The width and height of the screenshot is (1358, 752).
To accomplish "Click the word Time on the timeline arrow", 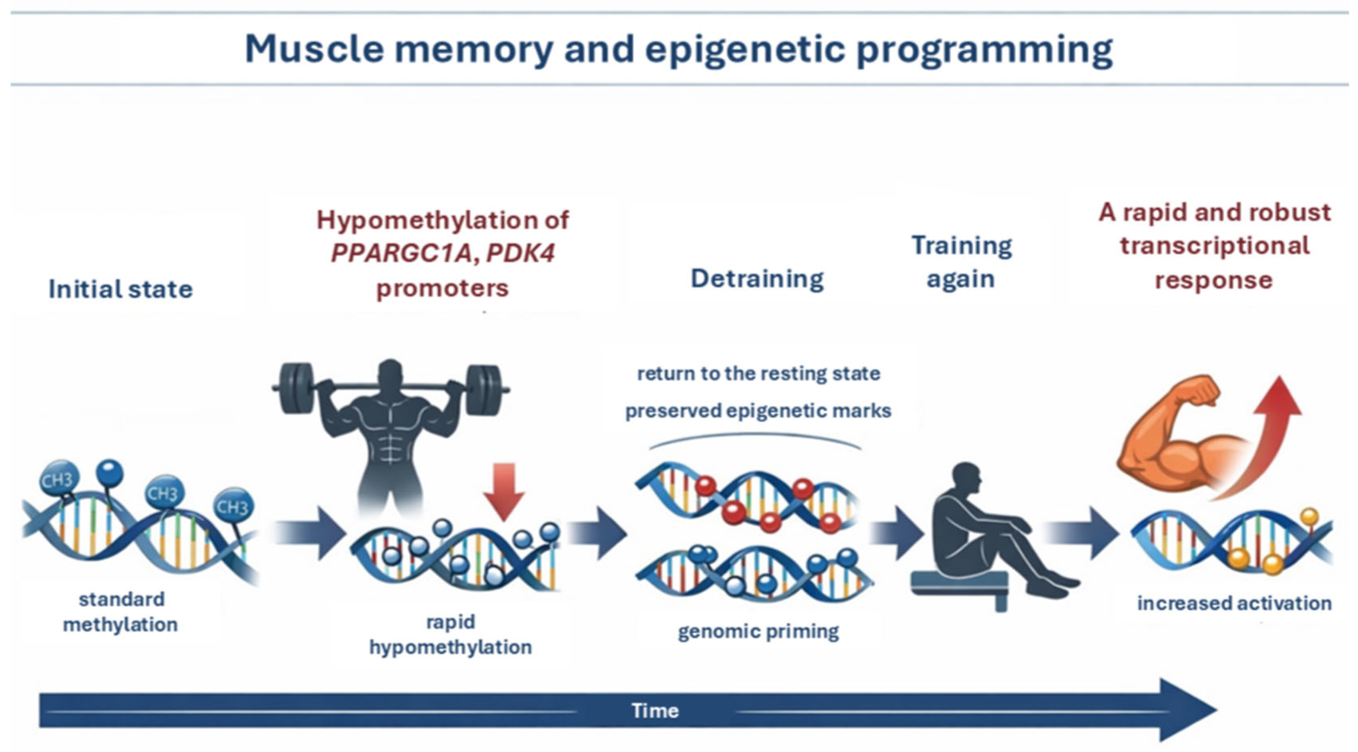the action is pos(655,711).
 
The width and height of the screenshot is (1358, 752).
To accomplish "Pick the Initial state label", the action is pos(121,289).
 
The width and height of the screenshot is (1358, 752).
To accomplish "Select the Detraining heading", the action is pos(757,279).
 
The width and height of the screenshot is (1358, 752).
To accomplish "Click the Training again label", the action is pos(962,262).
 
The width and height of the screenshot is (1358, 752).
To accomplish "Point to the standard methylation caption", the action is pos(120,612).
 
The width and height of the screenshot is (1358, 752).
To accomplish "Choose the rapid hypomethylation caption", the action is pos(450,634).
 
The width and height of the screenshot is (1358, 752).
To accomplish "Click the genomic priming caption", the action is pos(758,632).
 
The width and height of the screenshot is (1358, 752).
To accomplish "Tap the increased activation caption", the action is pos(1234,603).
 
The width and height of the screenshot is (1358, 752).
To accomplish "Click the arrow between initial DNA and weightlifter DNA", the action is pos(308,534).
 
